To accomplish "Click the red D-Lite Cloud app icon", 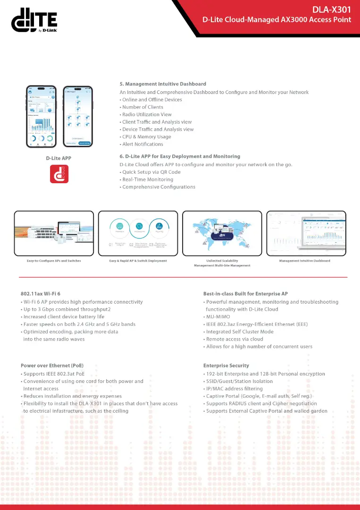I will [59, 174].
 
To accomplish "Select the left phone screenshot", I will [41, 116].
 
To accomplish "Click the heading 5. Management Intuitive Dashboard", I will [163, 84].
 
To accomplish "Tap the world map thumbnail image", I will [222, 233].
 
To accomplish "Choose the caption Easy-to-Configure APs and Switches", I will [54, 261].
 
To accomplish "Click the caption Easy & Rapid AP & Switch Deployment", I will [138, 261].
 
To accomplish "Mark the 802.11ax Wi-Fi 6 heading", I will [41, 294].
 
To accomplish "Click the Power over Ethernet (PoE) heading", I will [52, 365].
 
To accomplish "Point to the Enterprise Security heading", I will [226, 365].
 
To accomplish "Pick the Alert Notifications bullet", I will [142, 144].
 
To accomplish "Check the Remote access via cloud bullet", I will [234, 339].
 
